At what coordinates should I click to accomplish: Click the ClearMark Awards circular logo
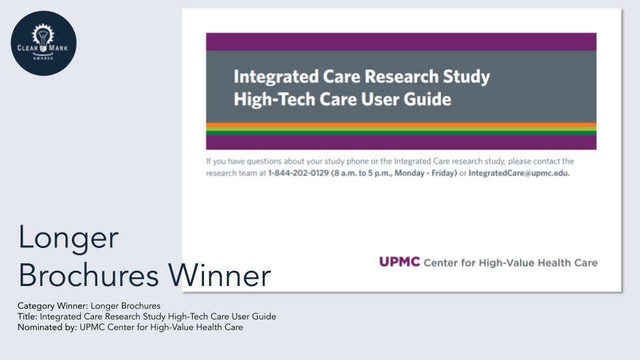pyautogui.click(x=44, y=43)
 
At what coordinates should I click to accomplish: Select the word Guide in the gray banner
pyautogui.click(x=427, y=99)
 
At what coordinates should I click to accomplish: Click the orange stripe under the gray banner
pyautogui.click(x=401, y=125)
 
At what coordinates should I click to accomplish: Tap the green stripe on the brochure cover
pyautogui.click(x=401, y=133)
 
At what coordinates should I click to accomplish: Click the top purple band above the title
pyautogui.click(x=401, y=41)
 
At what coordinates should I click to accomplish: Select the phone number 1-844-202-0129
pyautogui.click(x=299, y=173)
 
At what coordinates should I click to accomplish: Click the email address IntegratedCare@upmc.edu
pyautogui.click(x=519, y=173)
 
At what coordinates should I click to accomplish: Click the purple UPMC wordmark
pyautogui.click(x=399, y=261)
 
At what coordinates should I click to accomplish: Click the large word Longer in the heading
pyautogui.click(x=69, y=237)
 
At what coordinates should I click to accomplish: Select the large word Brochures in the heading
pyautogui.click(x=89, y=275)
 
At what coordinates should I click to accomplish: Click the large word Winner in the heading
pyautogui.click(x=219, y=275)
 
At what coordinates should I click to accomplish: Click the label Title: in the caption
pyautogui.click(x=27, y=316)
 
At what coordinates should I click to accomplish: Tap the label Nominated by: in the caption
pyautogui.click(x=47, y=327)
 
